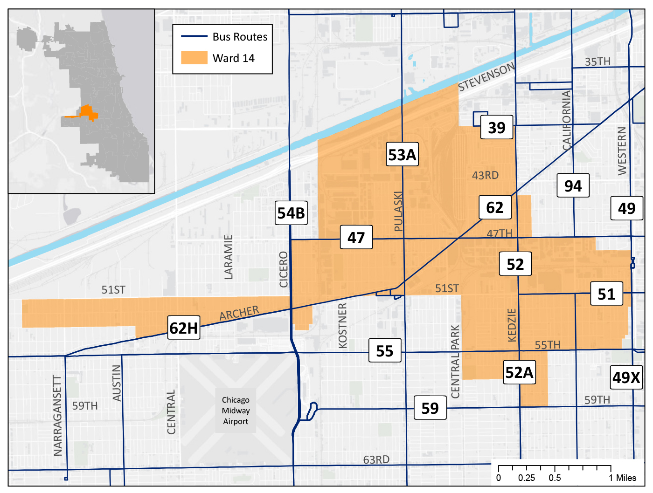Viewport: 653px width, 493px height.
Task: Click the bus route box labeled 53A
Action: pyautogui.click(x=402, y=155)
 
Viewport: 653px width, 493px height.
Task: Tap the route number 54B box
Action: pyautogui.click(x=291, y=213)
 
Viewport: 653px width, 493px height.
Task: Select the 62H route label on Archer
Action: pyautogui.click(x=184, y=328)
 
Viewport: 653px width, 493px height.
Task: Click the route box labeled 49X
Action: pyautogui.click(x=626, y=377)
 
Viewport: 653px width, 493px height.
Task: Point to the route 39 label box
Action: pyautogui.click(x=497, y=127)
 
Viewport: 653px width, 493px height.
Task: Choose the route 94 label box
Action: pyautogui.click(x=573, y=186)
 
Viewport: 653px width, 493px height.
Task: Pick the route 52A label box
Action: pyautogui.click(x=519, y=372)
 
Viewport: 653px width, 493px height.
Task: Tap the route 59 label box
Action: pyautogui.click(x=430, y=408)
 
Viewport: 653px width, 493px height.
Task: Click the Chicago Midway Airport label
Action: pyautogui.click(x=236, y=411)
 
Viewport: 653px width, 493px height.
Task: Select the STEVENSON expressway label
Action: pyautogui.click(x=486, y=77)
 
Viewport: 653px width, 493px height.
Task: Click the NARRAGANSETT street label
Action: pyautogui.click(x=58, y=415)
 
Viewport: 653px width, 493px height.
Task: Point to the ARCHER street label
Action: pyautogui.click(x=239, y=313)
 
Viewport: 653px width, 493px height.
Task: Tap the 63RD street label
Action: pyautogui.click(x=376, y=460)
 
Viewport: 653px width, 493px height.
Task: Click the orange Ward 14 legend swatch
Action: pyautogui.click(x=194, y=58)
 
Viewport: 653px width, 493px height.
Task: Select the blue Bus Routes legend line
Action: pyautogui.click(x=194, y=36)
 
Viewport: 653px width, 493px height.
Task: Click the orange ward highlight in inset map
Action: pyautogui.click(x=86, y=112)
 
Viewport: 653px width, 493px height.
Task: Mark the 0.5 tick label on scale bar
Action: pyautogui.click(x=555, y=478)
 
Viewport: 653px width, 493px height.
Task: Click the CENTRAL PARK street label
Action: pyautogui.click(x=455, y=362)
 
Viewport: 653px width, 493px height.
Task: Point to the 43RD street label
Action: pyautogui.click(x=485, y=175)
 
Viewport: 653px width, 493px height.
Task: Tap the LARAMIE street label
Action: pyautogui.click(x=228, y=257)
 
